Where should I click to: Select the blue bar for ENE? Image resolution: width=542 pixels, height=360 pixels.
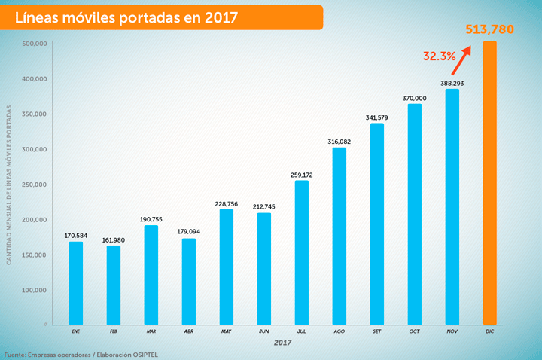tap(76, 283)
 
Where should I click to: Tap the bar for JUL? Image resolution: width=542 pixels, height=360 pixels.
tap(301, 252)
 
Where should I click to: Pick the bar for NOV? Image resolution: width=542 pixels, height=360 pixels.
tap(452, 207)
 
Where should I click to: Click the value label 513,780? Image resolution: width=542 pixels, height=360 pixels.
tap(490, 29)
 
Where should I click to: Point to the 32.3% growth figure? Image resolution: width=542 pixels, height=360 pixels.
tap(439, 56)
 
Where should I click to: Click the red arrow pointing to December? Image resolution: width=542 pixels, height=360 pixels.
tap(462, 58)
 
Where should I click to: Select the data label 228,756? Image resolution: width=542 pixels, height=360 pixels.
tap(226, 203)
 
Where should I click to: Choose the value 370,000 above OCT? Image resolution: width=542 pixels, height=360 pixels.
tap(414, 99)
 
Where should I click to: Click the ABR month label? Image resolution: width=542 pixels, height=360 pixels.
tap(188, 331)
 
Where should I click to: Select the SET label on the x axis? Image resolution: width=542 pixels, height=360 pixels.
tap(376, 331)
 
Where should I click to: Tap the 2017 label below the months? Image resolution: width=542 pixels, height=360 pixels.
tap(282, 343)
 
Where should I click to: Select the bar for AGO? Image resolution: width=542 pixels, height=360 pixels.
tap(339, 236)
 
